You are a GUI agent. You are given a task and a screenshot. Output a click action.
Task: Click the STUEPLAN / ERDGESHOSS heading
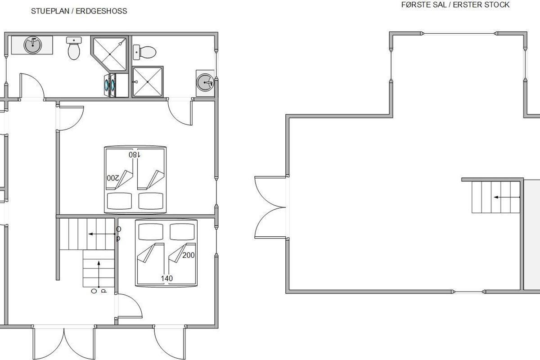[x=79, y=11]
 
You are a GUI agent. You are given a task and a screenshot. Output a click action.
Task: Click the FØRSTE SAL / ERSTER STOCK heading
[x=455, y=5]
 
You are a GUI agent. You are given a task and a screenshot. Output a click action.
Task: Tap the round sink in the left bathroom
[x=33, y=45]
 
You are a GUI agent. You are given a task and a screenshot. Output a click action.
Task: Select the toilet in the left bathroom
[x=74, y=48]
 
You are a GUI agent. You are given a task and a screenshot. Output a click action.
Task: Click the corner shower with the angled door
[x=110, y=54]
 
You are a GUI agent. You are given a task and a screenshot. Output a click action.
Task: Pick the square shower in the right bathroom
[x=148, y=82]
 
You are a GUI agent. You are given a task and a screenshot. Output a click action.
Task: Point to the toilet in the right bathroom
[x=144, y=52]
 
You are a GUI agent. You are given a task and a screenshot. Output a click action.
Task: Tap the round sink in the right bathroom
[x=205, y=82]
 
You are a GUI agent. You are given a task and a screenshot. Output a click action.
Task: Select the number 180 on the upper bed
[x=134, y=155]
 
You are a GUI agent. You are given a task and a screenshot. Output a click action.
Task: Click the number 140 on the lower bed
[x=167, y=279]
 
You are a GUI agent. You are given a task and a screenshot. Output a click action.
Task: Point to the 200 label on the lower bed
[x=188, y=255]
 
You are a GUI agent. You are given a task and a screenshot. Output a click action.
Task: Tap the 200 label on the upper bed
[x=113, y=178]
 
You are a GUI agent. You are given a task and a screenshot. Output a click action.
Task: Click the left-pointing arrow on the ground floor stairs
[x=102, y=234]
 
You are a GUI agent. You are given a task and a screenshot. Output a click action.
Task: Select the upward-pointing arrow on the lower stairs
[x=99, y=274]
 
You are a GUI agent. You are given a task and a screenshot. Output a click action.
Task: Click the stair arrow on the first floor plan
[x=507, y=197]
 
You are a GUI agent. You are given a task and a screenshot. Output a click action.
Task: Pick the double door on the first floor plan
[x=270, y=207]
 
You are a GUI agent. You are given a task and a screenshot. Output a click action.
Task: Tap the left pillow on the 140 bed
[x=151, y=232]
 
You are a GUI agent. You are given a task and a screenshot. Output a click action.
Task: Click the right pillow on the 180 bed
[x=151, y=201]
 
